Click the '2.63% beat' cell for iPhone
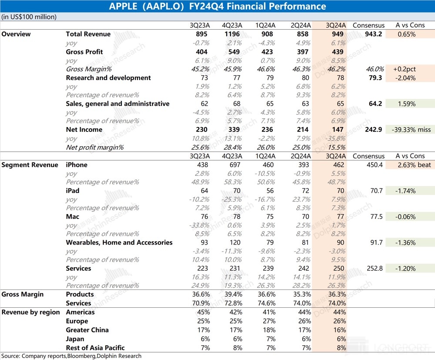(x=409, y=165)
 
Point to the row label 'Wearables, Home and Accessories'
(x=119, y=242)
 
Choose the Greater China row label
(x=87, y=330)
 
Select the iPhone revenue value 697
(x=232, y=165)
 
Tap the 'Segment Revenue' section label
(x=30, y=165)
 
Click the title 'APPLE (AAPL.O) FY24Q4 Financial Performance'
(x=217, y=6)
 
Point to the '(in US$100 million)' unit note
(x=29, y=17)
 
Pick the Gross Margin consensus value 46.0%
(x=376, y=69)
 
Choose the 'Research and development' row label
(x=108, y=77)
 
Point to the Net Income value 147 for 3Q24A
(x=338, y=130)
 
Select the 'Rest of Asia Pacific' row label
(x=95, y=347)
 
